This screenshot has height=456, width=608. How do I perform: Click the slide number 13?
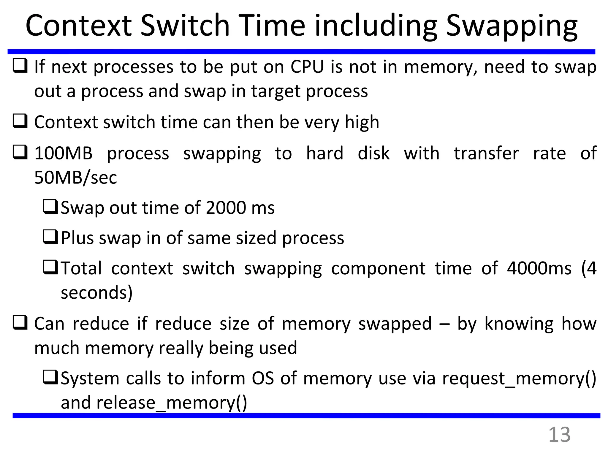pos(559,435)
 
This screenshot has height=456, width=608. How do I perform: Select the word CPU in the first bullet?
pos(307,67)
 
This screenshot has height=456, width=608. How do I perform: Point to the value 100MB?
pos(63,153)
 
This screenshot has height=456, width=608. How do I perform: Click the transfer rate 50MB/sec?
pos(75,178)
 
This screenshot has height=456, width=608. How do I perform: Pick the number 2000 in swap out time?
pos(226,208)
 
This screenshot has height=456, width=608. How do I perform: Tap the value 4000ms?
pos(539,268)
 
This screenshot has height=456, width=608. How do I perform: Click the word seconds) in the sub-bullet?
pos(96,293)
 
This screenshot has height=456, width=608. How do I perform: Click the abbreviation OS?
pos(263,379)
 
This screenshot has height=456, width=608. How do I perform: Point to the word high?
pos(362,122)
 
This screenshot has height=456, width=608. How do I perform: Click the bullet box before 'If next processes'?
pos(20,66)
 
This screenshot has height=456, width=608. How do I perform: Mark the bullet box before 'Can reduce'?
pos(20,323)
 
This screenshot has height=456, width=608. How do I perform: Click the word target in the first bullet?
pos(275,91)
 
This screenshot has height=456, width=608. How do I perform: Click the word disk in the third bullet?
pos(373,153)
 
